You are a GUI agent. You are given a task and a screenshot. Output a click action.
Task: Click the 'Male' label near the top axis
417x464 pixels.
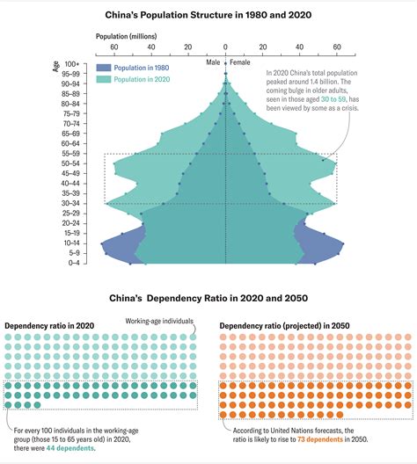214,62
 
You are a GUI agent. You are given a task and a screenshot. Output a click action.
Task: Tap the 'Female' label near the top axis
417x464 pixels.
240,62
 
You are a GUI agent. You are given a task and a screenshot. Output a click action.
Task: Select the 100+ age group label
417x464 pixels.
71,63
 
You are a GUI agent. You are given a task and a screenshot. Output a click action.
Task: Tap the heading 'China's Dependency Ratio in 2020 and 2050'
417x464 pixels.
208,300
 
